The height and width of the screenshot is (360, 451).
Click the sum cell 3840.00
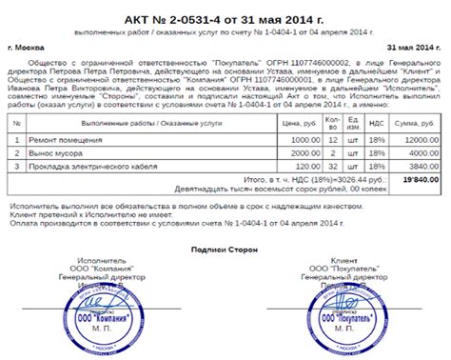422,166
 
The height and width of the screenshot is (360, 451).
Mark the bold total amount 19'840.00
419,178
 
